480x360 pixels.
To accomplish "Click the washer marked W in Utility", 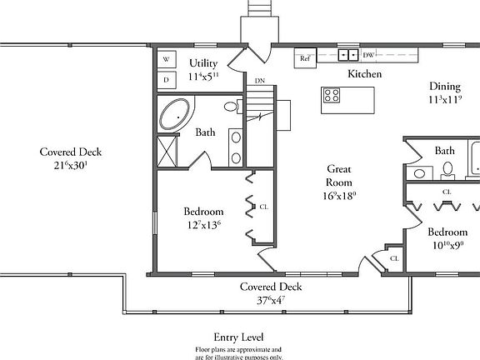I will click(x=167, y=60).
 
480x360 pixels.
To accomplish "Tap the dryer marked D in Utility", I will click(x=167, y=80).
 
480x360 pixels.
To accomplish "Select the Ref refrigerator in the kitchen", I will click(x=305, y=59).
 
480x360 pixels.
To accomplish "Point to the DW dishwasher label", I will click(x=368, y=56).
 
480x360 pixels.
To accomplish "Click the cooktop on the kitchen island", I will click(x=331, y=95).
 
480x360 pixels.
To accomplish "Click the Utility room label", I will click(x=203, y=63).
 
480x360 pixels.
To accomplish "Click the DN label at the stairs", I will click(x=260, y=81).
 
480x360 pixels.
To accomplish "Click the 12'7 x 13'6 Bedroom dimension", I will click(x=203, y=224).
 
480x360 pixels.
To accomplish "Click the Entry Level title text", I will click(x=239, y=337).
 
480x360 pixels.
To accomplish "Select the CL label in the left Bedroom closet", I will click(x=263, y=206).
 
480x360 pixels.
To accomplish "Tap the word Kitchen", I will click(x=364, y=75).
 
